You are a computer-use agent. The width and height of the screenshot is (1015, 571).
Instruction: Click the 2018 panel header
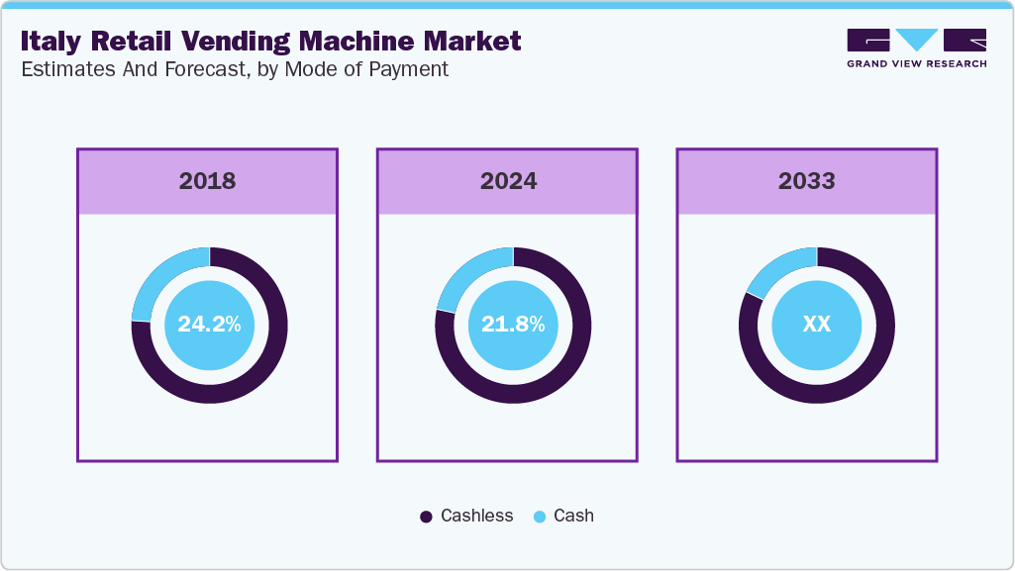[x=207, y=181]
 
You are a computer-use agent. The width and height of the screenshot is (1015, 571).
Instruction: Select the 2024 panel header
[x=508, y=181]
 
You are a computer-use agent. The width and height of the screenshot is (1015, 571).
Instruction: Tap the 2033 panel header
[x=806, y=181]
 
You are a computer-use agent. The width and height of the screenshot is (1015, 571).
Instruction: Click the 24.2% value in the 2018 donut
[x=209, y=325]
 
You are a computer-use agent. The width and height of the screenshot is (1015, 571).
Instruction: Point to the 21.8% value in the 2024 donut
[x=513, y=325]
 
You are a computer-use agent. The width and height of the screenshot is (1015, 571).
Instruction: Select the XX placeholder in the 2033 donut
[x=816, y=325]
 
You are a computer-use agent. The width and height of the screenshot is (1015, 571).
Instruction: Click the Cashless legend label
[x=476, y=516]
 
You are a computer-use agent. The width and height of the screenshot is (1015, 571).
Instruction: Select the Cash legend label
[x=573, y=516]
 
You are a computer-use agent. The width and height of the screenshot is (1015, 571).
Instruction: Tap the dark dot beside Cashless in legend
[x=427, y=517]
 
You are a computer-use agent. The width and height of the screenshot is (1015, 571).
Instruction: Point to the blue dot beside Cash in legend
[x=540, y=517]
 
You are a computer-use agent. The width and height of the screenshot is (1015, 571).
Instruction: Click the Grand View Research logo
[x=916, y=48]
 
